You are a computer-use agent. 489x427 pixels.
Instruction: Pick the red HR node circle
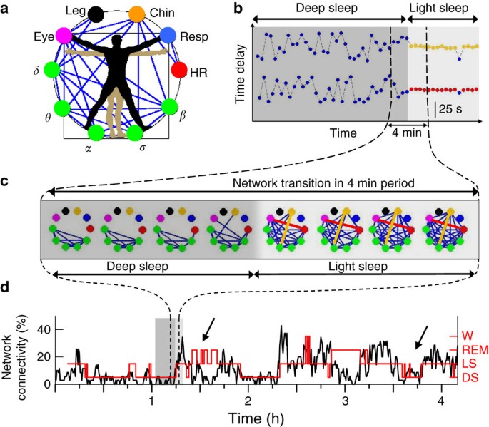coord(178,70)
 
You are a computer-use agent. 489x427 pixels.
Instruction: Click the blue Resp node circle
coord(168,35)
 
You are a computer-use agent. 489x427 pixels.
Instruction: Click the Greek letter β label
coord(183,113)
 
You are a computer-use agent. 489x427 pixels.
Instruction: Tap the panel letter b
coord(238,9)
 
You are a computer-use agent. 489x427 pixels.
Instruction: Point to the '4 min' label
coord(408,132)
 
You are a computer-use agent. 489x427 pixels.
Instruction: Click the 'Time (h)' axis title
coord(247,414)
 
